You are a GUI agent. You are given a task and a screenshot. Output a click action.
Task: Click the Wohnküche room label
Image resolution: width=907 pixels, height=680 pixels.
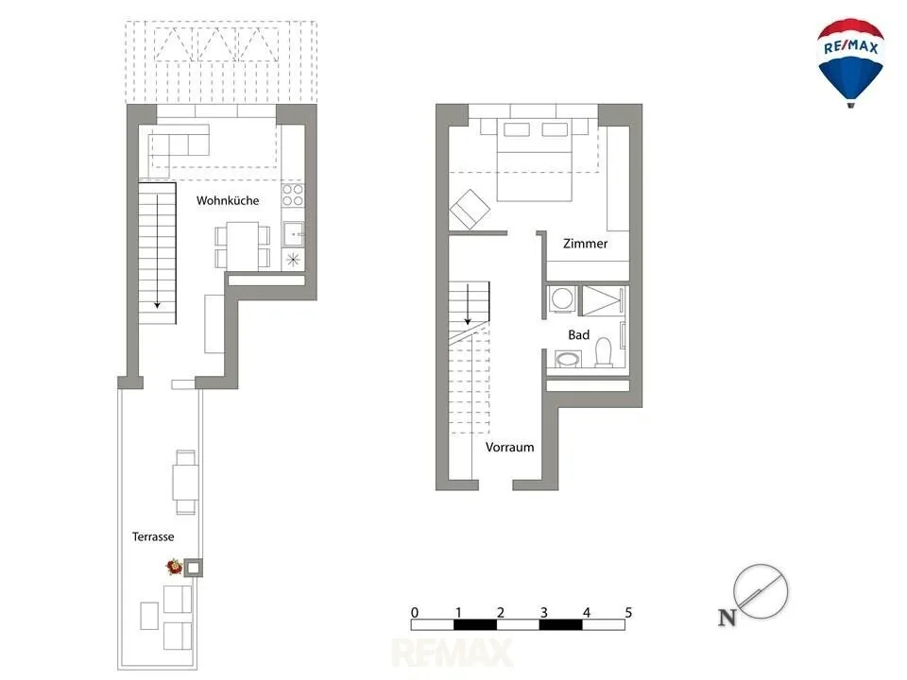point(228,200)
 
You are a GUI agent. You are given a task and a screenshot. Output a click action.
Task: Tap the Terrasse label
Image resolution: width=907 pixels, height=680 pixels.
point(153,536)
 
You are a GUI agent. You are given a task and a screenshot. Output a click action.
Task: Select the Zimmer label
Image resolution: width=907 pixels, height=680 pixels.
point(586,244)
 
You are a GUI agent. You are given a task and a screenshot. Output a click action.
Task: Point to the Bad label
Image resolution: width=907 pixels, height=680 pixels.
point(578,334)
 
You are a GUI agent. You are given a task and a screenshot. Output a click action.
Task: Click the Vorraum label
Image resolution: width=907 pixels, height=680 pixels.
point(509,447)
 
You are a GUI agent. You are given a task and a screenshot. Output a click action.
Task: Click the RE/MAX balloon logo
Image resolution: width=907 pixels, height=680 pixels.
point(850,62)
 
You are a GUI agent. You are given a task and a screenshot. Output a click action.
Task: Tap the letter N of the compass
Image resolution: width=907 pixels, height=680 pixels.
point(727,618)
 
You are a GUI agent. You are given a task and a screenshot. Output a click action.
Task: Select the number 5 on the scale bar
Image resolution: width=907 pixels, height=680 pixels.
point(628,612)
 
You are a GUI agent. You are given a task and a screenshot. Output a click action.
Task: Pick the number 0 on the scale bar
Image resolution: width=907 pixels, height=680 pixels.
point(415,612)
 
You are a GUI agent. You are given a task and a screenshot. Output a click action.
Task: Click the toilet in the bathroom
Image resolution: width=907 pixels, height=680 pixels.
point(604,352)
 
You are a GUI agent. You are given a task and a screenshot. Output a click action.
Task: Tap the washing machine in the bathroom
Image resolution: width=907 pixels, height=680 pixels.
point(561,299)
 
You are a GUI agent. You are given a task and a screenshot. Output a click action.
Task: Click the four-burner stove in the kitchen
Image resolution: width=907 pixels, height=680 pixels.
point(293,195)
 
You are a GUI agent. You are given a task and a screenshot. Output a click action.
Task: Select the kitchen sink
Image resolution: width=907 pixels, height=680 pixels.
point(293,234)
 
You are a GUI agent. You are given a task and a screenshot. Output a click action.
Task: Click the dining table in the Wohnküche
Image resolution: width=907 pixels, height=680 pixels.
point(243,246)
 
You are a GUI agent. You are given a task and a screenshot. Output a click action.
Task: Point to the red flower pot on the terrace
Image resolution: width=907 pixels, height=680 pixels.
point(174,566)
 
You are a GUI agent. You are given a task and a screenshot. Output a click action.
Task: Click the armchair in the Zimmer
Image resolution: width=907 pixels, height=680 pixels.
point(470,209)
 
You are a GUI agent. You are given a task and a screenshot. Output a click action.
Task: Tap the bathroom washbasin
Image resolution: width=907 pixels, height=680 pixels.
point(568,360)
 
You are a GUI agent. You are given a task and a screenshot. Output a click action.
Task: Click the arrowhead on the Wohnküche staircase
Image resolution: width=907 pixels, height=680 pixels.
point(157,305)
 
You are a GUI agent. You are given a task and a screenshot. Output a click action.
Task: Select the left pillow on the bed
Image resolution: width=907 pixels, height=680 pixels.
point(517,129)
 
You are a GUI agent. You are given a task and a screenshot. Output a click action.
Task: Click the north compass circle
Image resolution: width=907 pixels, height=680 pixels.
point(761,591)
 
